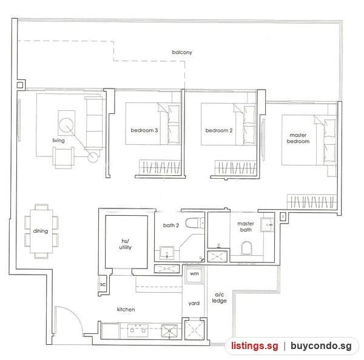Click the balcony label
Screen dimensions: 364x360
click(x=182, y=52)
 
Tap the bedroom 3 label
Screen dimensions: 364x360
click(x=144, y=130)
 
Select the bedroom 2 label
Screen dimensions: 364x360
click(x=219, y=130)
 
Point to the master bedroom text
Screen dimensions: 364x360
click(x=298, y=138)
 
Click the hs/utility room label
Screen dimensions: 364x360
click(x=126, y=244)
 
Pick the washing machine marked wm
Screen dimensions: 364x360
click(x=194, y=274)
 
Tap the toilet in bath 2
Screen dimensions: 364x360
click(x=195, y=223)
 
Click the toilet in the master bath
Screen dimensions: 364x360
click(x=246, y=248)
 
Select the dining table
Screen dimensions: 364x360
click(x=41, y=232)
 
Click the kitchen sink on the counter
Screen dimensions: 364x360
click(x=169, y=330)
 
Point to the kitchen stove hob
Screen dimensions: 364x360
click(x=138, y=330)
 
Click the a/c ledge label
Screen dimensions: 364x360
click(x=219, y=298)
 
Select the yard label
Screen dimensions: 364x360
click(x=194, y=303)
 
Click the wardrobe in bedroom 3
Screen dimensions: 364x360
click(x=160, y=167)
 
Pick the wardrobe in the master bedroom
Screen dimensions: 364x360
click(x=312, y=201)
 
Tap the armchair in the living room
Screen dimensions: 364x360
click(x=63, y=157)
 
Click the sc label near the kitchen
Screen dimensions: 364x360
click(x=103, y=284)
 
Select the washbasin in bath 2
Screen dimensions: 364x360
click(x=167, y=253)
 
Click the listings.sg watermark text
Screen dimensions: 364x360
click(x=255, y=346)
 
